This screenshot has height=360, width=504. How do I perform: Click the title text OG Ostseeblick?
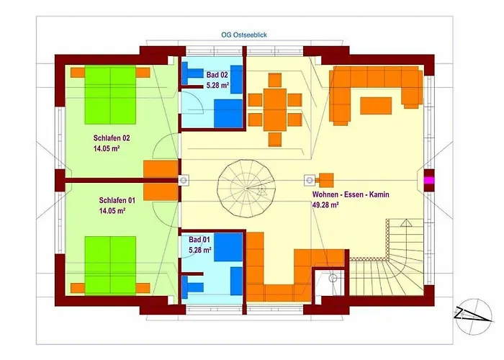(244, 35)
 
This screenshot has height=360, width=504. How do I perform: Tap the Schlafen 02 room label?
(112, 138)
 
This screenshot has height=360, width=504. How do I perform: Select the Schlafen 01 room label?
(117, 200)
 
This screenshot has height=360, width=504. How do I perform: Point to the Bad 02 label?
(217, 75)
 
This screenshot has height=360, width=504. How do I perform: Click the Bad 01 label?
(199, 240)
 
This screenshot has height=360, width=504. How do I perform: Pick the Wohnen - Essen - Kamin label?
(351, 194)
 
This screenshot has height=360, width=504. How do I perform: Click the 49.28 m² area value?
(325, 204)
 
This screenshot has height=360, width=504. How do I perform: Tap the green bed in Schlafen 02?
(110, 95)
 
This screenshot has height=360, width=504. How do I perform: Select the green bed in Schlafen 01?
(110, 266)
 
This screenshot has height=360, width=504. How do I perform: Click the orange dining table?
(275, 109)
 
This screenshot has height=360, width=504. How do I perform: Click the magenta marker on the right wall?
(429, 180)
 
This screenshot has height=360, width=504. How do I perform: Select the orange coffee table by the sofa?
(376, 106)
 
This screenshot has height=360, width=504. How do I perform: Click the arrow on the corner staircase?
(406, 223)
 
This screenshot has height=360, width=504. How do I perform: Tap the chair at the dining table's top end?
(275, 80)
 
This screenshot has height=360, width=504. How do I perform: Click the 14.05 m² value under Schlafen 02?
(107, 148)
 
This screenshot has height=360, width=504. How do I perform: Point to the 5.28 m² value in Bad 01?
(200, 250)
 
